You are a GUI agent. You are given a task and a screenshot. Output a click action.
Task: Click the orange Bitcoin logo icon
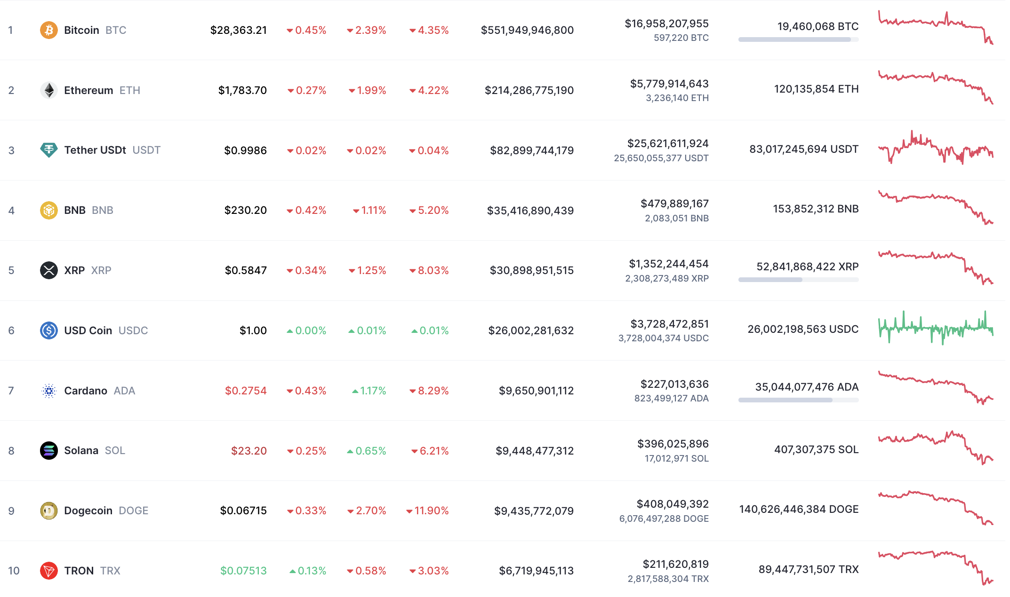pyautogui.click(x=48, y=30)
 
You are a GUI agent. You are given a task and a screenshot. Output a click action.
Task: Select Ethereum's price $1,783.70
pyautogui.click(x=242, y=90)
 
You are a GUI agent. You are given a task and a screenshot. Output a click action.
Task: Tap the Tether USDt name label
pyautogui.click(x=95, y=150)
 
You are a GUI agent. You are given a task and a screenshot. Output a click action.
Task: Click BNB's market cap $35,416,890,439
pyautogui.click(x=530, y=211)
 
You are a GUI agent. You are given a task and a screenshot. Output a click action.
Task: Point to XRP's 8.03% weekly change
pyautogui.click(x=429, y=270)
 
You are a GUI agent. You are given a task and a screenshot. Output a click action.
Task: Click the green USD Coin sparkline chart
pyautogui.click(x=935, y=328)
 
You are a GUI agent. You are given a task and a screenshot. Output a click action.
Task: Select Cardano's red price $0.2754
pyautogui.click(x=246, y=391)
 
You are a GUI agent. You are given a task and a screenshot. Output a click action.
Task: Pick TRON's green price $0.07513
pyautogui.click(x=243, y=571)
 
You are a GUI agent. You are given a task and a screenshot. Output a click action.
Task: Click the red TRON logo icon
pyautogui.click(x=48, y=571)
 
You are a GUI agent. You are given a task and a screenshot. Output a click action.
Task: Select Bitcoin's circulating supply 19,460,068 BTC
pyautogui.click(x=818, y=26)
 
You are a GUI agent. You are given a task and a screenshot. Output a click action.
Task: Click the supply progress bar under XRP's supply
pyautogui.click(x=798, y=280)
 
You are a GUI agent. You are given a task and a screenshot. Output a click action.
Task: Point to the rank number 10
pyautogui.click(x=14, y=571)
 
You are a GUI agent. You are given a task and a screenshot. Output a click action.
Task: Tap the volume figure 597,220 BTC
pyautogui.click(x=681, y=38)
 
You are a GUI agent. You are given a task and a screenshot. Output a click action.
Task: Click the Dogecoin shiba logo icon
pyautogui.click(x=48, y=511)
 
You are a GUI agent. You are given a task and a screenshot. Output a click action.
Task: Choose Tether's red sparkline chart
pyautogui.click(x=935, y=148)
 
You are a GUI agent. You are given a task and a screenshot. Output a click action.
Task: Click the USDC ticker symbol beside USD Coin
pyautogui.click(x=133, y=330)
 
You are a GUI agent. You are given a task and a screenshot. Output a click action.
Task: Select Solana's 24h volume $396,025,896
pyautogui.click(x=673, y=444)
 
